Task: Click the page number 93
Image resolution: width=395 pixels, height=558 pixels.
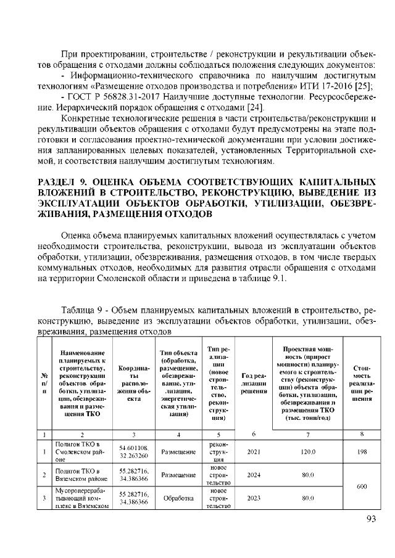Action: (x=372, y=519)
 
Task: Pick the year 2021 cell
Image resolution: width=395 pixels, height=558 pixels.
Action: (x=253, y=451)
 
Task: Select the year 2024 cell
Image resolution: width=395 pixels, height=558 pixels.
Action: (x=253, y=475)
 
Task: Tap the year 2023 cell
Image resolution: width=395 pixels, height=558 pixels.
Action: (x=253, y=498)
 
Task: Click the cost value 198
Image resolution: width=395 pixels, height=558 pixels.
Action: (x=362, y=451)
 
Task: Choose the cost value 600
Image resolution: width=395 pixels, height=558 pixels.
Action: (x=362, y=486)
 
